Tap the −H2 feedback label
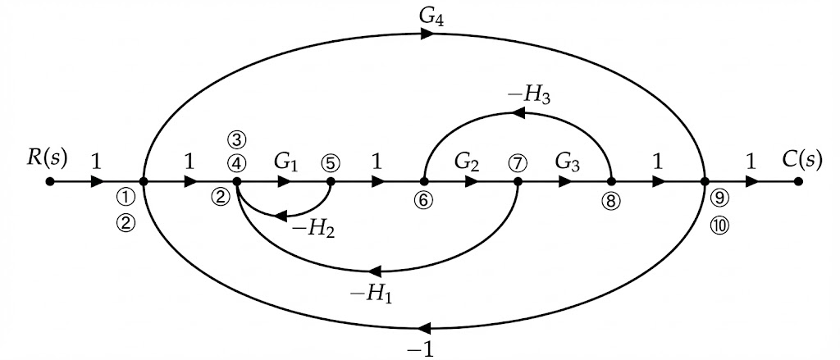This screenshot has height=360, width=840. [315, 230]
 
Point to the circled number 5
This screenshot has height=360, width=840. [331, 162]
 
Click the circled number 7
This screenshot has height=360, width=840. [517, 162]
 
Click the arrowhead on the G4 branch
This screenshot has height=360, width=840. [427, 34]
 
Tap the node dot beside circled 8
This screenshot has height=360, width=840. [611, 182]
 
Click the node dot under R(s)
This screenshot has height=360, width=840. [50, 182]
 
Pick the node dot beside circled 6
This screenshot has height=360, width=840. [424, 182]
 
